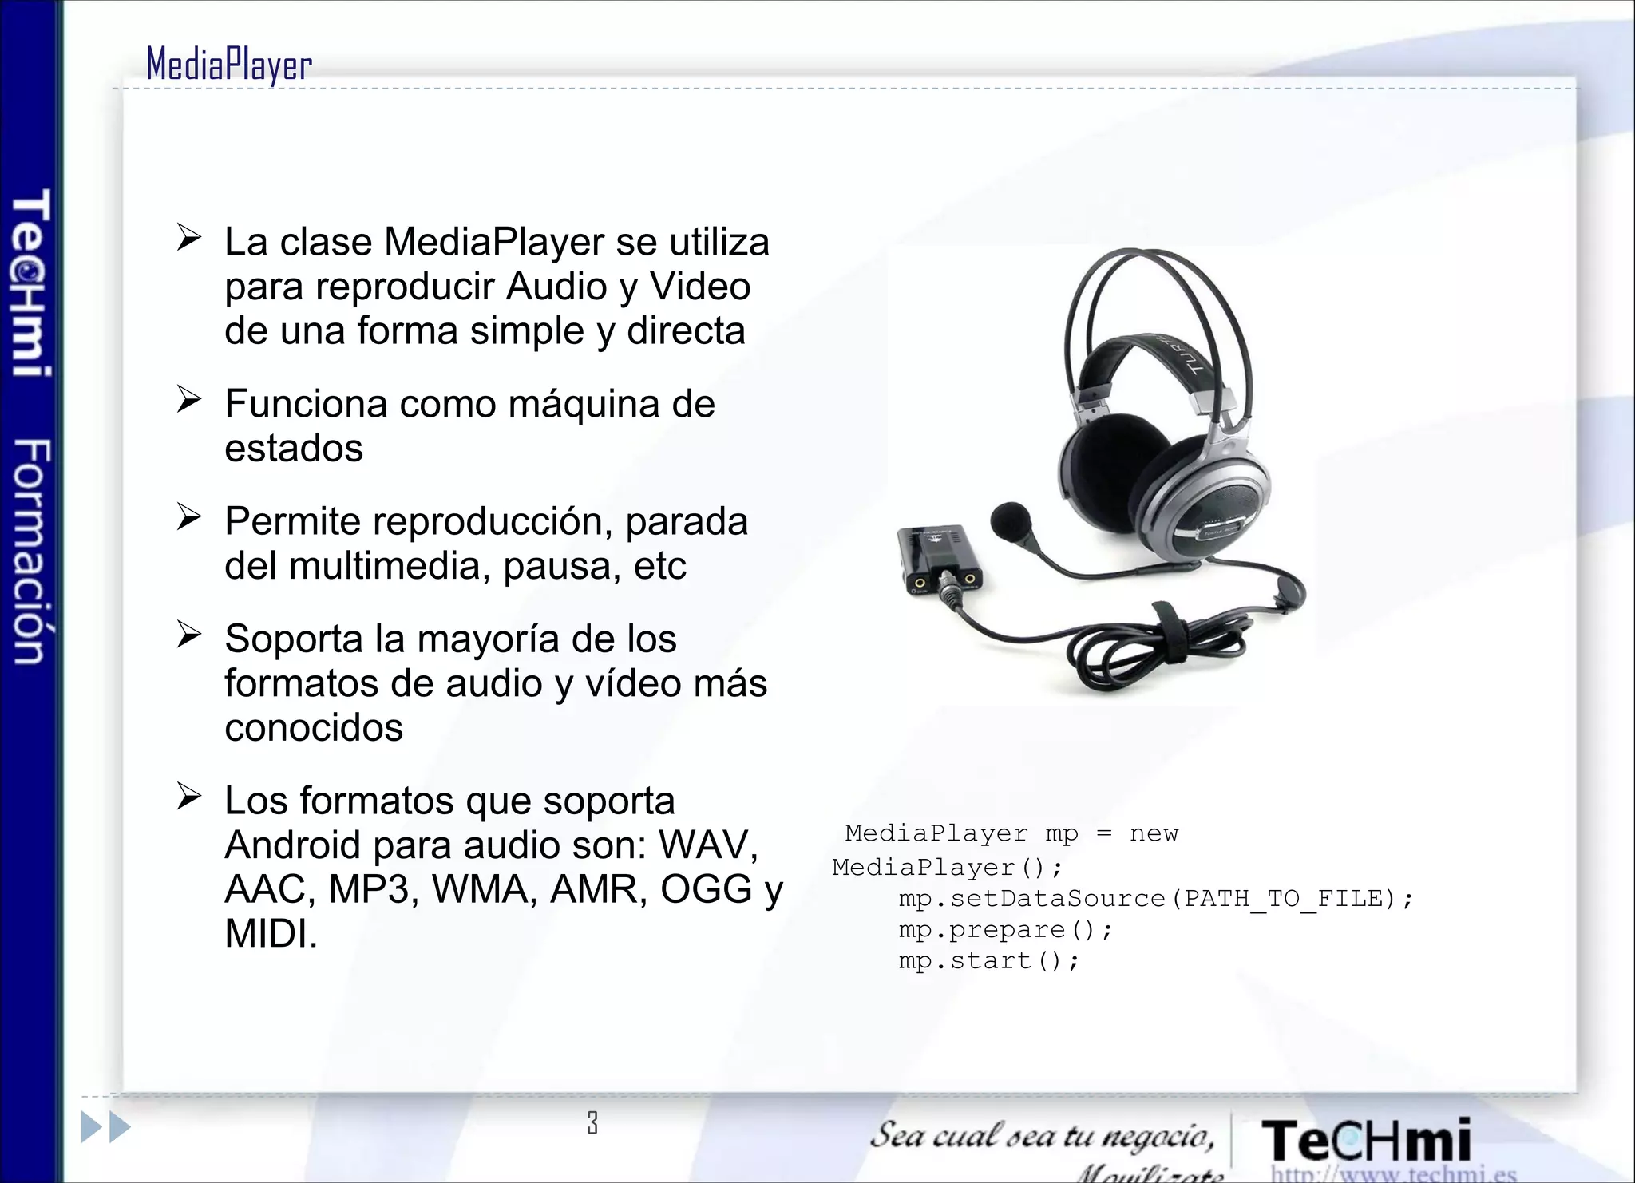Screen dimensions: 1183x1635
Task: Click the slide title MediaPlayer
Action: point(229,65)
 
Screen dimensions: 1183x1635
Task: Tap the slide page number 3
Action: point(592,1122)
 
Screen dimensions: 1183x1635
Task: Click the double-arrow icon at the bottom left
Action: point(106,1127)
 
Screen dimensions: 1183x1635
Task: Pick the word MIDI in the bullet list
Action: point(271,934)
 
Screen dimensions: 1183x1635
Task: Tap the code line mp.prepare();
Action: point(1005,931)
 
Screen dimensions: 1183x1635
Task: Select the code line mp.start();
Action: point(988,962)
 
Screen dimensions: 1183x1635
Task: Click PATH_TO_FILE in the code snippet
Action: point(1283,900)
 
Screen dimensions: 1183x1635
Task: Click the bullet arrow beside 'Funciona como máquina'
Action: point(189,399)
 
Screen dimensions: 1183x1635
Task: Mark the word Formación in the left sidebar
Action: point(32,551)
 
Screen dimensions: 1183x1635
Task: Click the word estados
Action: point(294,449)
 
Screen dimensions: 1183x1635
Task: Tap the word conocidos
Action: point(314,728)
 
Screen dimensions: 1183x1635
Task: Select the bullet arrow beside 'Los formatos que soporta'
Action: point(189,796)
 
